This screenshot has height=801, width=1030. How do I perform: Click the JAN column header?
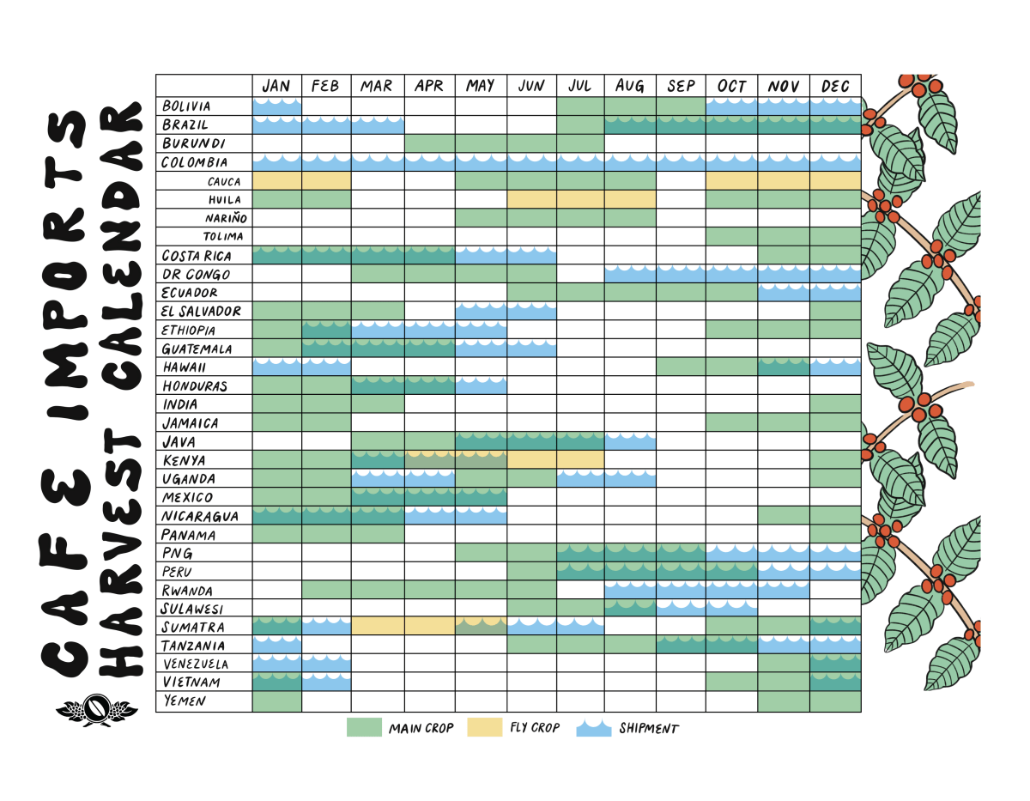[x=276, y=86]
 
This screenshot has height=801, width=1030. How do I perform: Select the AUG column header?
[x=630, y=86]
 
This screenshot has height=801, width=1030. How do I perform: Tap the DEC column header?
[x=835, y=86]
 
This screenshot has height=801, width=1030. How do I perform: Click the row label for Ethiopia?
[x=189, y=331]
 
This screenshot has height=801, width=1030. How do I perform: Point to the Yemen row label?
[x=183, y=701]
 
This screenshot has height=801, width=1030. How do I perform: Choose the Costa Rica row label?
[x=197, y=255]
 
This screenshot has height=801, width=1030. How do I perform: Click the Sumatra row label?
[x=193, y=628]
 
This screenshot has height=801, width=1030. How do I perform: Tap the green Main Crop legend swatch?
[x=363, y=728]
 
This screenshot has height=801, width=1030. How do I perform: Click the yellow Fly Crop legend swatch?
[x=484, y=728]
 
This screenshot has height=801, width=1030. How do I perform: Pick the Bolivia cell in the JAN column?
[x=276, y=106]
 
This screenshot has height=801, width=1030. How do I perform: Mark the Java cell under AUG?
[x=630, y=441]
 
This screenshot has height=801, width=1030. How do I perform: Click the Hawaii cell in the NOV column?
[x=783, y=367]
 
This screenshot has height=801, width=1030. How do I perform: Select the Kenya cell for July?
[x=580, y=460]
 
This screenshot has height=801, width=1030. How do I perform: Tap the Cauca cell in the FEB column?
[x=326, y=181]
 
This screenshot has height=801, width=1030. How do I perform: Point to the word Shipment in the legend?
[x=648, y=729]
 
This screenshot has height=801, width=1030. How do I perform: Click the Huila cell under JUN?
[x=531, y=199]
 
